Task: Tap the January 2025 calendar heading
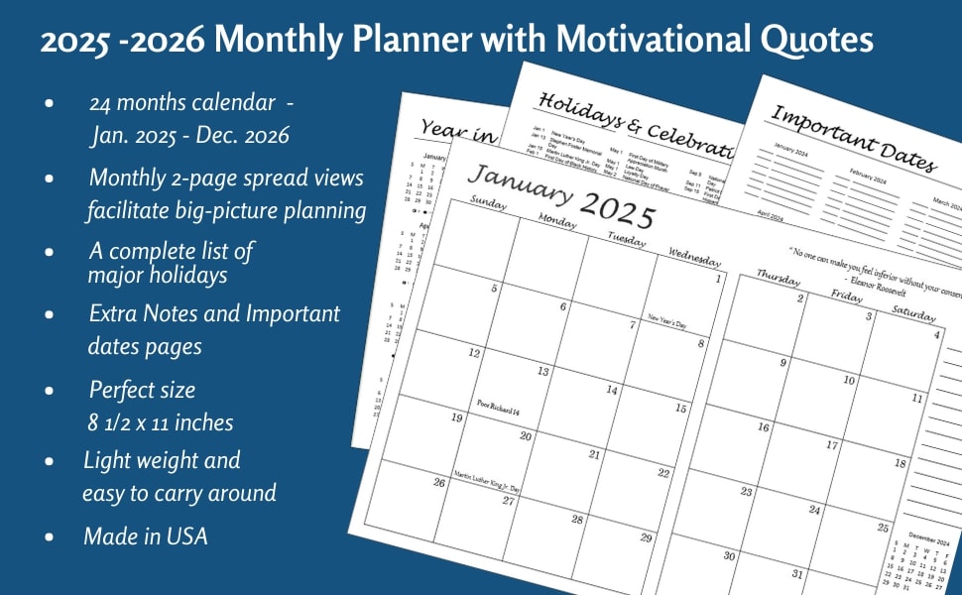[561, 195]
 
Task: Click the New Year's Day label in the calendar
[666, 321]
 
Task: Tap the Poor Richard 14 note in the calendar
[499, 407]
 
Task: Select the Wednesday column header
[693, 257]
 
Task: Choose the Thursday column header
[779, 278]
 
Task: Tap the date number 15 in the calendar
[680, 409]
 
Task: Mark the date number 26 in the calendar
[439, 483]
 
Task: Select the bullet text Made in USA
[146, 536]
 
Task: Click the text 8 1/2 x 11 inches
[161, 422]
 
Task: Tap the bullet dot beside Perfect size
[49, 391]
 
